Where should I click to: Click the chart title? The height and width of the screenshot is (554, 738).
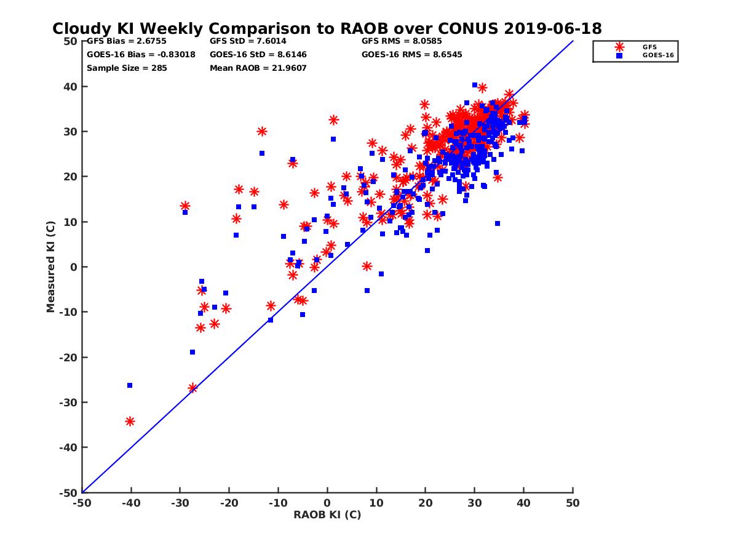(x=327, y=28)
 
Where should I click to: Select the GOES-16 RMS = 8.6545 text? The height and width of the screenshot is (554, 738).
(x=411, y=54)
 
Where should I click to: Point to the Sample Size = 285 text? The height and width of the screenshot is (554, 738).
(x=127, y=68)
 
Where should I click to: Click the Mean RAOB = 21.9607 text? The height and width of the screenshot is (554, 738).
(x=258, y=68)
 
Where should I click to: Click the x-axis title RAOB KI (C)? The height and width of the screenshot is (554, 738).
(x=327, y=515)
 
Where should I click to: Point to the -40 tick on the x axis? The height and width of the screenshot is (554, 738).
(x=131, y=503)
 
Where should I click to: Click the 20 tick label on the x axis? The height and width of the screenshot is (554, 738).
(x=426, y=503)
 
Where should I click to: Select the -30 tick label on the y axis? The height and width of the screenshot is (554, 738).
(x=68, y=403)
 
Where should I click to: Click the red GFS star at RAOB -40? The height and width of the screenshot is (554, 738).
(x=130, y=421)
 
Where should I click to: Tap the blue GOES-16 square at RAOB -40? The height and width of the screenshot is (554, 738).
(x=130, y=385)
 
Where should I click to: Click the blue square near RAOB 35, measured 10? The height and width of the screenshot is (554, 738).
(x=498, y=223)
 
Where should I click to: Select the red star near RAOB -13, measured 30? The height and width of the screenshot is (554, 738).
(x=262, y=131)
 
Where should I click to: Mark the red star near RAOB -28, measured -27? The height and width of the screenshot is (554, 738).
(x=192, y=388)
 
